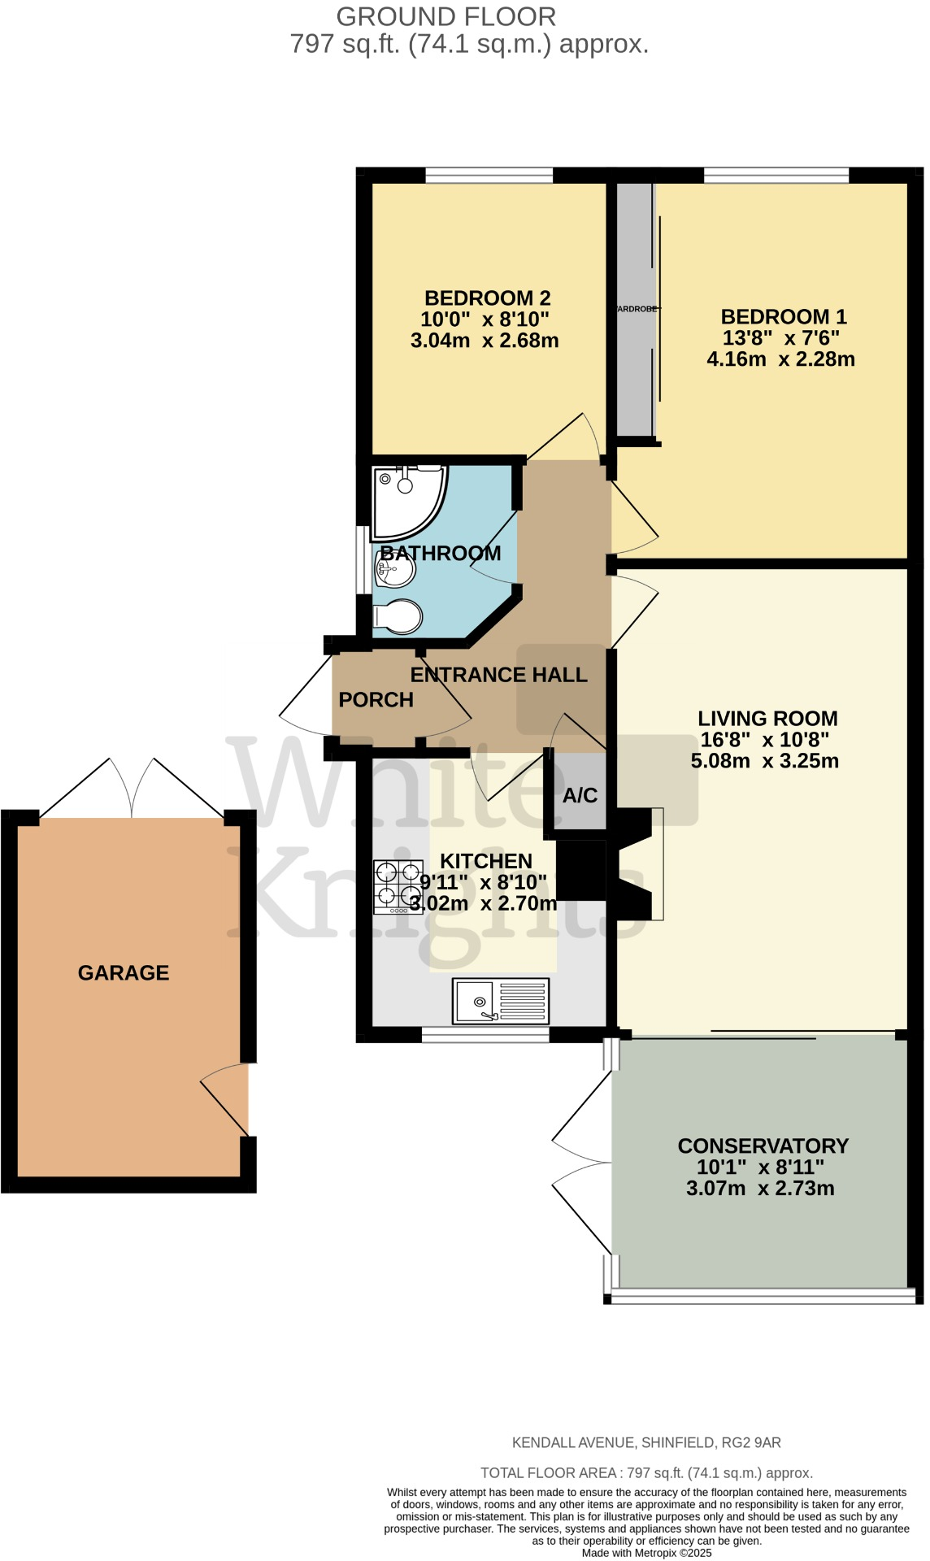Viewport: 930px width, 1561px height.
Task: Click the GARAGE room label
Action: click(x=124, y=972)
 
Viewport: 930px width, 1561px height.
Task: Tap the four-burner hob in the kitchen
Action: click(x=398, y=886)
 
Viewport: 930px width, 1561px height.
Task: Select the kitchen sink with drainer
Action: click(x=501, y=1001)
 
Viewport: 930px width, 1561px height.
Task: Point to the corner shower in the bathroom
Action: click(x=406, y=500)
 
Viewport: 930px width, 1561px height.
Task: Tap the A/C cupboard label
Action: click(x=580, y=795)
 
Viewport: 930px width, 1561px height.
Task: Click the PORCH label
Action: click(x=376, y=699)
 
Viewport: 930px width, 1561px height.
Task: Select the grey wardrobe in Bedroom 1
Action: click(x=635, y=309)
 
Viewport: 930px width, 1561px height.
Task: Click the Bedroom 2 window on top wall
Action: click(x=489, y=175)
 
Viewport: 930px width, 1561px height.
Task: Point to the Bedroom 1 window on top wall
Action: click(x=776, y=175)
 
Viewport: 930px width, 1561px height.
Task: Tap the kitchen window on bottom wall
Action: click(x=485, y=1034)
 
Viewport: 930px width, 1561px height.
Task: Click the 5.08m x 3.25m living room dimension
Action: click(x=764, y=761)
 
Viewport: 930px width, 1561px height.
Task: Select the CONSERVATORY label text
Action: click(x=763, y=1146)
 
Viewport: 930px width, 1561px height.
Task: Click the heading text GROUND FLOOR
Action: click(x=445, y=16)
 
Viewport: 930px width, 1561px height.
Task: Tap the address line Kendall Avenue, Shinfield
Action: click(x=645, y=1442)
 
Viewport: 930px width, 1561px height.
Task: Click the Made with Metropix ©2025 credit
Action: click(x=646, y=1552)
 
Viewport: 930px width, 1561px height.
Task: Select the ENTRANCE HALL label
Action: click(x=498, y=675)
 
